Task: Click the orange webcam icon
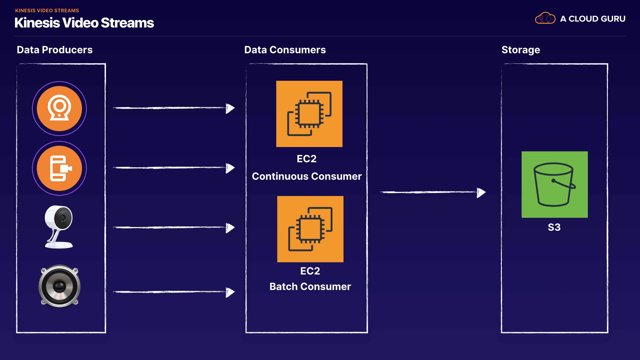[59, 108]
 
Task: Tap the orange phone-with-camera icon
[59, 168]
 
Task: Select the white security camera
[59, 227]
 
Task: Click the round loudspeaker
[60, 286]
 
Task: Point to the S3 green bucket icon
[554, 184]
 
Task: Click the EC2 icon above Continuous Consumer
[309, 114]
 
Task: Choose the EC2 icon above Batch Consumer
[310, 229]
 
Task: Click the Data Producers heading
[55, 50]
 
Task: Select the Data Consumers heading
[285, 50]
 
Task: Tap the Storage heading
[521, 50]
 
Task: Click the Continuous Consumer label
[307, 176]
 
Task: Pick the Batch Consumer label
[310, 286]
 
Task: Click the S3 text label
[554, 227]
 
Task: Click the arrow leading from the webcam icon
[174, 108]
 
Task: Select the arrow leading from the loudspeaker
[174, 292]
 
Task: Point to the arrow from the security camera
[174, 228]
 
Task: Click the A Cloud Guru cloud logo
[545, 18]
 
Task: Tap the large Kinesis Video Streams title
[84, 23]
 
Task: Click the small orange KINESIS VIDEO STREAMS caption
[47, 11]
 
